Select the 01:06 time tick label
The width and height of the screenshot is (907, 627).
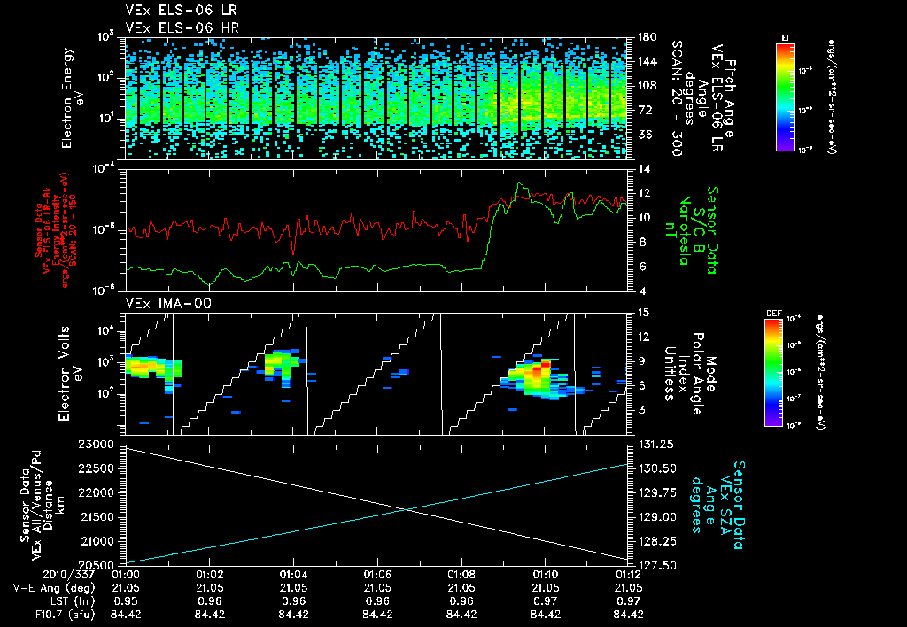pyautogui.click(x=377, y=574)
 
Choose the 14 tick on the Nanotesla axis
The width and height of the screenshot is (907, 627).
pyautogui.click(x=639, y=168)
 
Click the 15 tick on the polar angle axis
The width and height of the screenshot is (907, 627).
pyautogui.click(x=639, y=312)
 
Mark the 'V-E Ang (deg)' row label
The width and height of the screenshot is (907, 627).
pyautogui.click(x=49, y=587)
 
